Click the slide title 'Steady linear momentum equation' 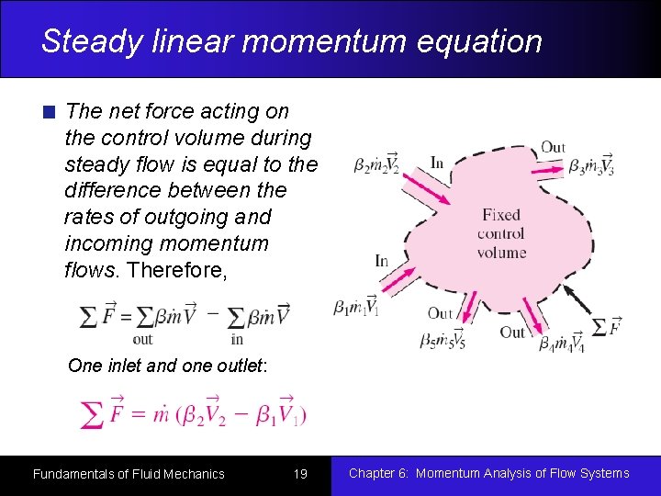(292, 41)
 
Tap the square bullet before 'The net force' (50, 113)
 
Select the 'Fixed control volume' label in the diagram (501, 233)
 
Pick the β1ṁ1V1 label (356, 307)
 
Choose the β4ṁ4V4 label (562, 342)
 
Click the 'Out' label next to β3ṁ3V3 (553, 147)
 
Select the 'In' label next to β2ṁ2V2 (437, 163)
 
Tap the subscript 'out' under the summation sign (143, 338)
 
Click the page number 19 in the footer (300, 474)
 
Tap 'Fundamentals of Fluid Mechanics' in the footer (129, 474)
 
